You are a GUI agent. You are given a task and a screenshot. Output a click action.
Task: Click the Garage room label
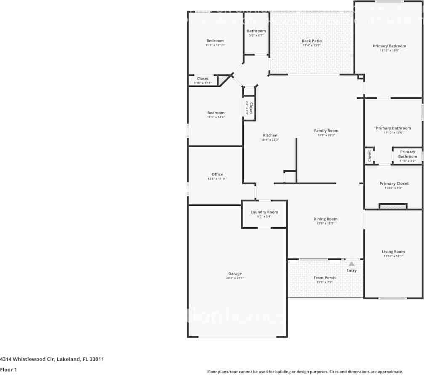coord(235,274)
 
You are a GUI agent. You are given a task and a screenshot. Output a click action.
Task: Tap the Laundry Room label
coord(264,212)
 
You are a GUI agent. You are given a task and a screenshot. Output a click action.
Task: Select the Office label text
coord(217,174)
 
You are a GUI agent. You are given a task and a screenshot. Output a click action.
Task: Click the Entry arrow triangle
coord(352,264)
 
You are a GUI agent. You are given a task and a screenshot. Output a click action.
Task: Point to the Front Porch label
coord(324,278)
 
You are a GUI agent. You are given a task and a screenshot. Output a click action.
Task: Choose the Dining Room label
coord(325,219)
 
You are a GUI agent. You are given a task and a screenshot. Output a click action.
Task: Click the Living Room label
coord(393,252)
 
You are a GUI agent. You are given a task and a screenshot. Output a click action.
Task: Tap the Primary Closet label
coord(394,183)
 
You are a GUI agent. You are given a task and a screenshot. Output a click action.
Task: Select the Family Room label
coord(326,131)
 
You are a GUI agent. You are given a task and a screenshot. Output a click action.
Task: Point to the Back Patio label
coord(312,41)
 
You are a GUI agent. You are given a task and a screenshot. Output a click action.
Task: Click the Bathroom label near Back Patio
coord(256,31)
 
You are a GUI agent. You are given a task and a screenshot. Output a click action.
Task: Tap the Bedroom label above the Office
coord(216,113)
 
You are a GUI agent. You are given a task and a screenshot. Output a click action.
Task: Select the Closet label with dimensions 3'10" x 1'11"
coord(203,78)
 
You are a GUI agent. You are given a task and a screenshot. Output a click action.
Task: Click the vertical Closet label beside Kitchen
coord(251,108)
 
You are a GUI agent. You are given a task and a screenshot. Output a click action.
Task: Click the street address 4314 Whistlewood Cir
coord(52,359)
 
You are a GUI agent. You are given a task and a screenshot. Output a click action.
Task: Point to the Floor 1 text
coord(8,370)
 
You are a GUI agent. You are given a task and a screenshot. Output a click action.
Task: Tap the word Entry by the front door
coord(352,270)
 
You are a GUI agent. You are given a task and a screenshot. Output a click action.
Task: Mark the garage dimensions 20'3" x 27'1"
coord(235,278)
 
